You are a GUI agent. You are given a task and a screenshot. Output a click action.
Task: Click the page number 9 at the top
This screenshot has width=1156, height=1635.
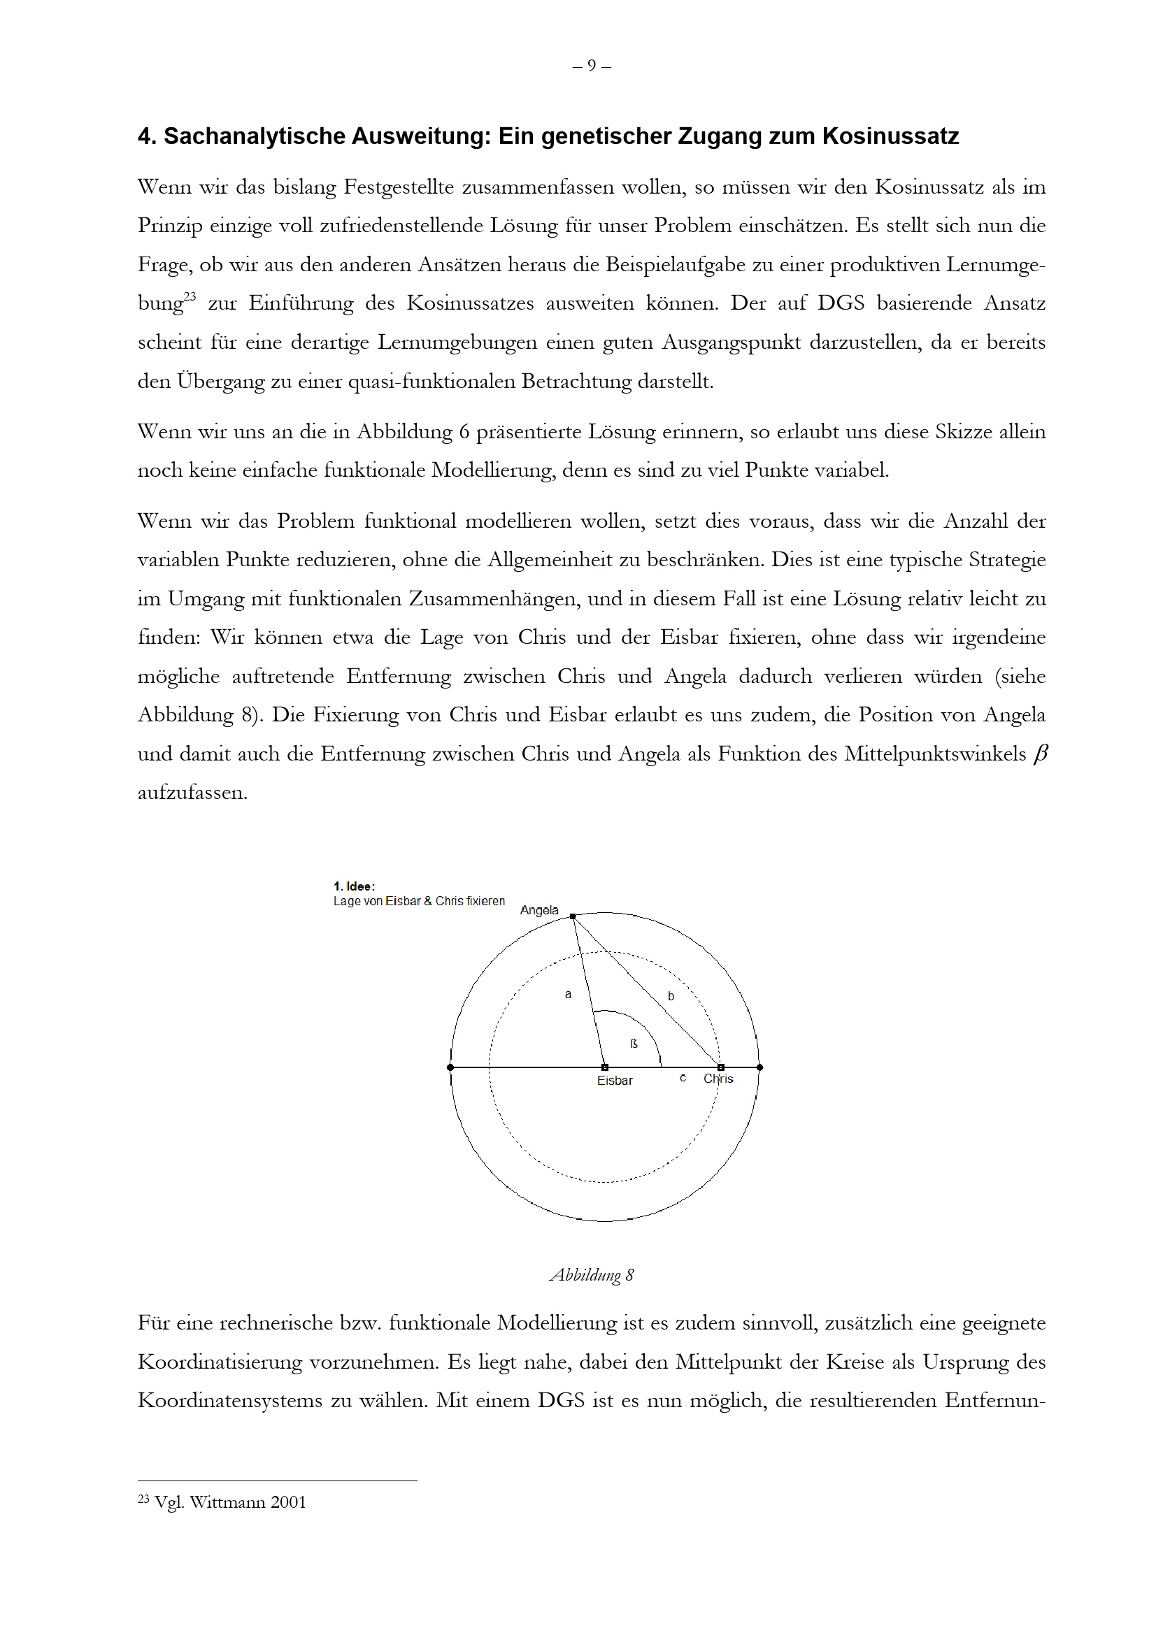pyautogui.click(x=591, y=66)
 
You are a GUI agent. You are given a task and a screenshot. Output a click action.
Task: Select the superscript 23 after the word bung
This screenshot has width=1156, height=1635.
pyautogui.click(x=189, y=297)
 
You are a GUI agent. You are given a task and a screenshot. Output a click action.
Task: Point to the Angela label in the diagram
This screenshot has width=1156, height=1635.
pyautogui.click(x=539, y=910)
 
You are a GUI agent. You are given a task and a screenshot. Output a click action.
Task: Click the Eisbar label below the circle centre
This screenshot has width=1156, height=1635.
pyautogui.click(x=615, y=1080)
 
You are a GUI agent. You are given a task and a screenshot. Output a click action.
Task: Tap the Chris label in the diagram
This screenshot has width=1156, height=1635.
pyautogui.click(x=718, y=1078)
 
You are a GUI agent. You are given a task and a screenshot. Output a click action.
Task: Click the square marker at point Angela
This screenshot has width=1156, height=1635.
pyautogui.click(x=573, y=916)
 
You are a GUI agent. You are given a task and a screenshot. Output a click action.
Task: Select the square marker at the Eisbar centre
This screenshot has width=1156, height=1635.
pyautogui.click(x=605, y=1067)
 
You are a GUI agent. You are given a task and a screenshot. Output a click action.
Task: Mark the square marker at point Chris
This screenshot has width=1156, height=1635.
pyautogui.click(x=721, y=1067)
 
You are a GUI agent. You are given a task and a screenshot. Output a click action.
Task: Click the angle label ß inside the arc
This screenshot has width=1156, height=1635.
pyautogui.click(x=634, y=1044)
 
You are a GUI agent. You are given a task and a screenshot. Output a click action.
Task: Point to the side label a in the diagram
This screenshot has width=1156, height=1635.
pyautogui.click(x=568, y=995)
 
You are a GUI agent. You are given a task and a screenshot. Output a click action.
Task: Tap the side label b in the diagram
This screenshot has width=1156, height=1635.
pyautogui.click(x=671, y=996)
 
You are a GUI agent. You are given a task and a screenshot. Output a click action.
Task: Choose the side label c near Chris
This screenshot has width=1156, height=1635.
pyautogui.click(x=683, y=1078)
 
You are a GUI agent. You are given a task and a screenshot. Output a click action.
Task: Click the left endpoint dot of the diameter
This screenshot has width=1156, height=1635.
pyautogui.click(x=450, y=1067)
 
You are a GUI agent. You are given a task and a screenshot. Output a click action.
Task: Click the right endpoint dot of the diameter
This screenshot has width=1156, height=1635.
pyautogui.click(x=759, y=1067)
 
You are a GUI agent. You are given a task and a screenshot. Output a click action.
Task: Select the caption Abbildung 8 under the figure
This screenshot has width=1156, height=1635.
pyautogui.click(x=591, y=1276)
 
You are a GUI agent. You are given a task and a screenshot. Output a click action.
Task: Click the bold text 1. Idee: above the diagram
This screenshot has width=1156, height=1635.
pyautogui.click(x=354, y=886)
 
